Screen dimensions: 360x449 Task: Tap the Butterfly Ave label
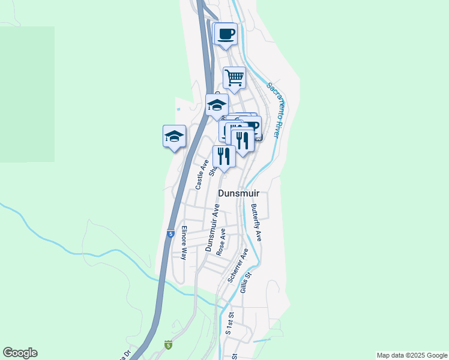tap(256, 222)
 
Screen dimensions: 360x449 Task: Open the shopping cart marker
tap(234, 77)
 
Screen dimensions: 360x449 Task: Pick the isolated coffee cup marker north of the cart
tap(226, 34)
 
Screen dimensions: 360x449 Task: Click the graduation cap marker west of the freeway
tap(174, 136)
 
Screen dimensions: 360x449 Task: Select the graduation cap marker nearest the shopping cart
tap(217, 106)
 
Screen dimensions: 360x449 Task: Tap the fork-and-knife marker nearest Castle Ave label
tap(224, 156)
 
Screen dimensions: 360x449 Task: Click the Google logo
tap(20, 353)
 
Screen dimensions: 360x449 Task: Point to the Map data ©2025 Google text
tap(412, 355)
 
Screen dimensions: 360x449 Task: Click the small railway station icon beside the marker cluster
tap(259, 137)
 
